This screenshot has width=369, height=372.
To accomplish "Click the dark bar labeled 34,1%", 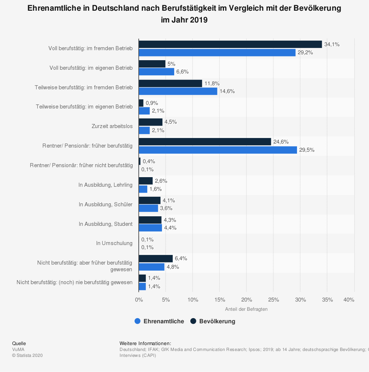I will (x=230, y=44).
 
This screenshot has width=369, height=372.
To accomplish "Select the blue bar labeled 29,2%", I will (x=217, y=52).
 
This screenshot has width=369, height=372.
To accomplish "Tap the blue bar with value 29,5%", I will (x=218, y=150).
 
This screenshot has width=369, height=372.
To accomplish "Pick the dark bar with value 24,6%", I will (x=205, y=142).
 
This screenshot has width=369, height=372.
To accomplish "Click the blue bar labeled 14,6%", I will (x=178, y=91).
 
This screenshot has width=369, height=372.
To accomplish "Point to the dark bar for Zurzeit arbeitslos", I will (x=151, y=122).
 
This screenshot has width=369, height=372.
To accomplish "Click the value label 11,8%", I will (x=211, y=83).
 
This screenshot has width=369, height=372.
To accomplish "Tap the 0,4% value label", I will (x=149, y=161).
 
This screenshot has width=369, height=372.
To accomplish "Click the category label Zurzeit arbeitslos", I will (x=112, y=126).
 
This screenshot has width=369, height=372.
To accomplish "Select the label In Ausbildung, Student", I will (x=106, y=224).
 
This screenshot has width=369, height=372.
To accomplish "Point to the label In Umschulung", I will (x=114, y=243).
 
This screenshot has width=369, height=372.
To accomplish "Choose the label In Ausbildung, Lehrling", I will (x=105, y=185).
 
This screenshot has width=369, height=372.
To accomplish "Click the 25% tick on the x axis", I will (x=273, y=300).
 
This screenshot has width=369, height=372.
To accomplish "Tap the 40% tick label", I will (x=349, y=300).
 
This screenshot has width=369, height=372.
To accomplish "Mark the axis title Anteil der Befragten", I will (x=246, y=309).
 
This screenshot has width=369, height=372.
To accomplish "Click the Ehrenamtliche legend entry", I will (x=159, y=321).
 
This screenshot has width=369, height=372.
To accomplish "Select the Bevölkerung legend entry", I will (x=213, y=321).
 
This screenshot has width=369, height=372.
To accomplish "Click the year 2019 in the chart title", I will (x=199, y=20).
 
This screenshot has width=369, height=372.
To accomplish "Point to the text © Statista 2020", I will (x=27, y=355).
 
